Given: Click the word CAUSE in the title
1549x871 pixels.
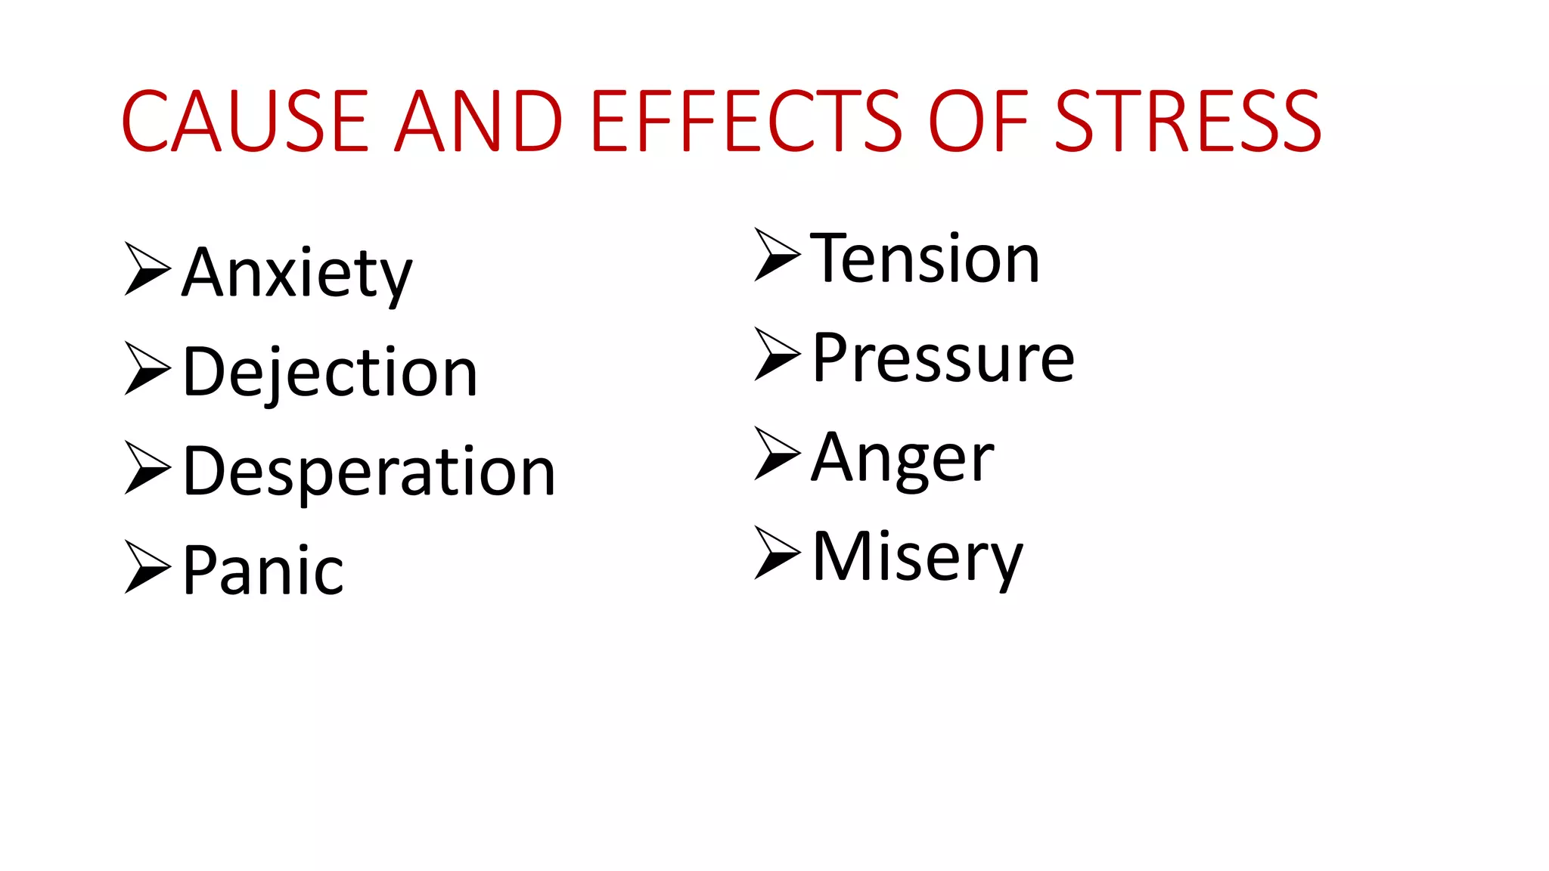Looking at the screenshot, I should click(244, 121).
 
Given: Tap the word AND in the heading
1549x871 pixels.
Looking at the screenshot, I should click(480, 121).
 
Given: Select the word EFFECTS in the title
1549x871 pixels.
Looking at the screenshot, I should click(746, 121).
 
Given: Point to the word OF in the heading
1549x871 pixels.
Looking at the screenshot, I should click(979, 121).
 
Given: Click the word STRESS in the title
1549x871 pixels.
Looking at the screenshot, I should click(1187, 121).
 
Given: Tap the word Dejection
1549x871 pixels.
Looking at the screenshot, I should click(331, 372).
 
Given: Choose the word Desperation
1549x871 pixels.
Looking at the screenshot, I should click(369, 472).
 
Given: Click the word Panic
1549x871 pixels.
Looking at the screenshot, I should click(263, 571).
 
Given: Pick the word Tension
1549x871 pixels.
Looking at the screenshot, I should click(925, 259).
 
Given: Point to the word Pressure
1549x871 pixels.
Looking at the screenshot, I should click(943, 358).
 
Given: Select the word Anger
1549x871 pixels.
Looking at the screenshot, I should click(902, 457).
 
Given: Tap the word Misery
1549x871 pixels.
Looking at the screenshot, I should click(917, 557).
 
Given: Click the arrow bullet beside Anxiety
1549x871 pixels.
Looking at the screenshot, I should click(147, 268).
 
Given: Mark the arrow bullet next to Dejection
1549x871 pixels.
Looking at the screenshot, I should click(147, 368).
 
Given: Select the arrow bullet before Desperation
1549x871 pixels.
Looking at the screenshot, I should click(147, 467).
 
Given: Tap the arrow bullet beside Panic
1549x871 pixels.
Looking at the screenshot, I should click(147, 566).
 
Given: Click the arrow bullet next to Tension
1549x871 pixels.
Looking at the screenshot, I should click(777, 254).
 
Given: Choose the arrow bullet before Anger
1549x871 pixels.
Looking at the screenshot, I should click(777, 453).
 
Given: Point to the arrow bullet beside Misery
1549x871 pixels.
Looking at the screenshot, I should click(777, 553).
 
